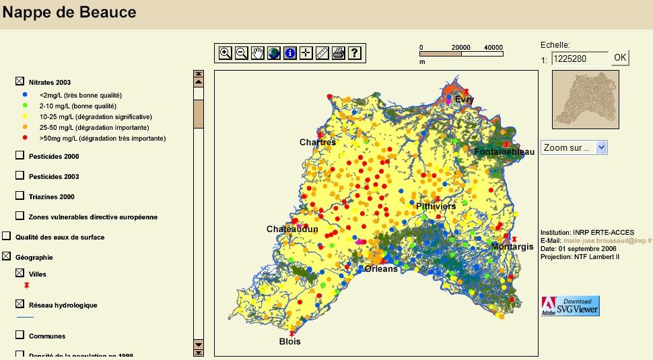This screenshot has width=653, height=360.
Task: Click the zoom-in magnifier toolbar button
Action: pyautogui.click(x=226, y=53)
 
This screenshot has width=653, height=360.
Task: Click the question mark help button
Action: pyautogui.click(x=355, y=53)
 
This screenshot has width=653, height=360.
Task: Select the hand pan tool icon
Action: pyautogui.click(x=258, y=53)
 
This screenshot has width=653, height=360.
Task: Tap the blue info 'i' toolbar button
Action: pyautogui.click(x=290, y=53)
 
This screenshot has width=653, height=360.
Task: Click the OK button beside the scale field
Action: pyautogui.click(x=620, y=58)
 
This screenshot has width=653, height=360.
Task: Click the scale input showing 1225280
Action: pyautogui.click(x=579, y=59)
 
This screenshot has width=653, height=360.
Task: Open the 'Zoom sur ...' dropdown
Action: pyautogui.click(x=574, y=147)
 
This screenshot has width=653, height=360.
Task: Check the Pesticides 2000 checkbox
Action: pyautogui.click(x=20, y=155)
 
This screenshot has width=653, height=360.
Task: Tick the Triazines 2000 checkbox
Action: pyautogui.click(x=20, y=196)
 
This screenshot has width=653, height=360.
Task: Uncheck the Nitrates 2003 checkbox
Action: pyautogui.click(x=20, y=81)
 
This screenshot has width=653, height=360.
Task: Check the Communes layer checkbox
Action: pyautogui.click(x=20, y=335)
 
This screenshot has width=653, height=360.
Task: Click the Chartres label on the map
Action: pyautogui.click(x=317, y=142)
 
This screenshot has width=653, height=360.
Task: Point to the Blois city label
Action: pyautogui.click(x=290, y=341)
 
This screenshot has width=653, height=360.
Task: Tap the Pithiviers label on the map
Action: pyautogui.click(x=436, y=206)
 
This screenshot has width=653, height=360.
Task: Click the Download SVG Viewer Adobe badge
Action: pyautogui.click(x=570, y=305)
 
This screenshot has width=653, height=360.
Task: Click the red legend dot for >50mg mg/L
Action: pyautogui.click(x=25, y=138)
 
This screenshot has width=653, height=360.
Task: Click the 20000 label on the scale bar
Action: pyautogui.click(x=460, y=48)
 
